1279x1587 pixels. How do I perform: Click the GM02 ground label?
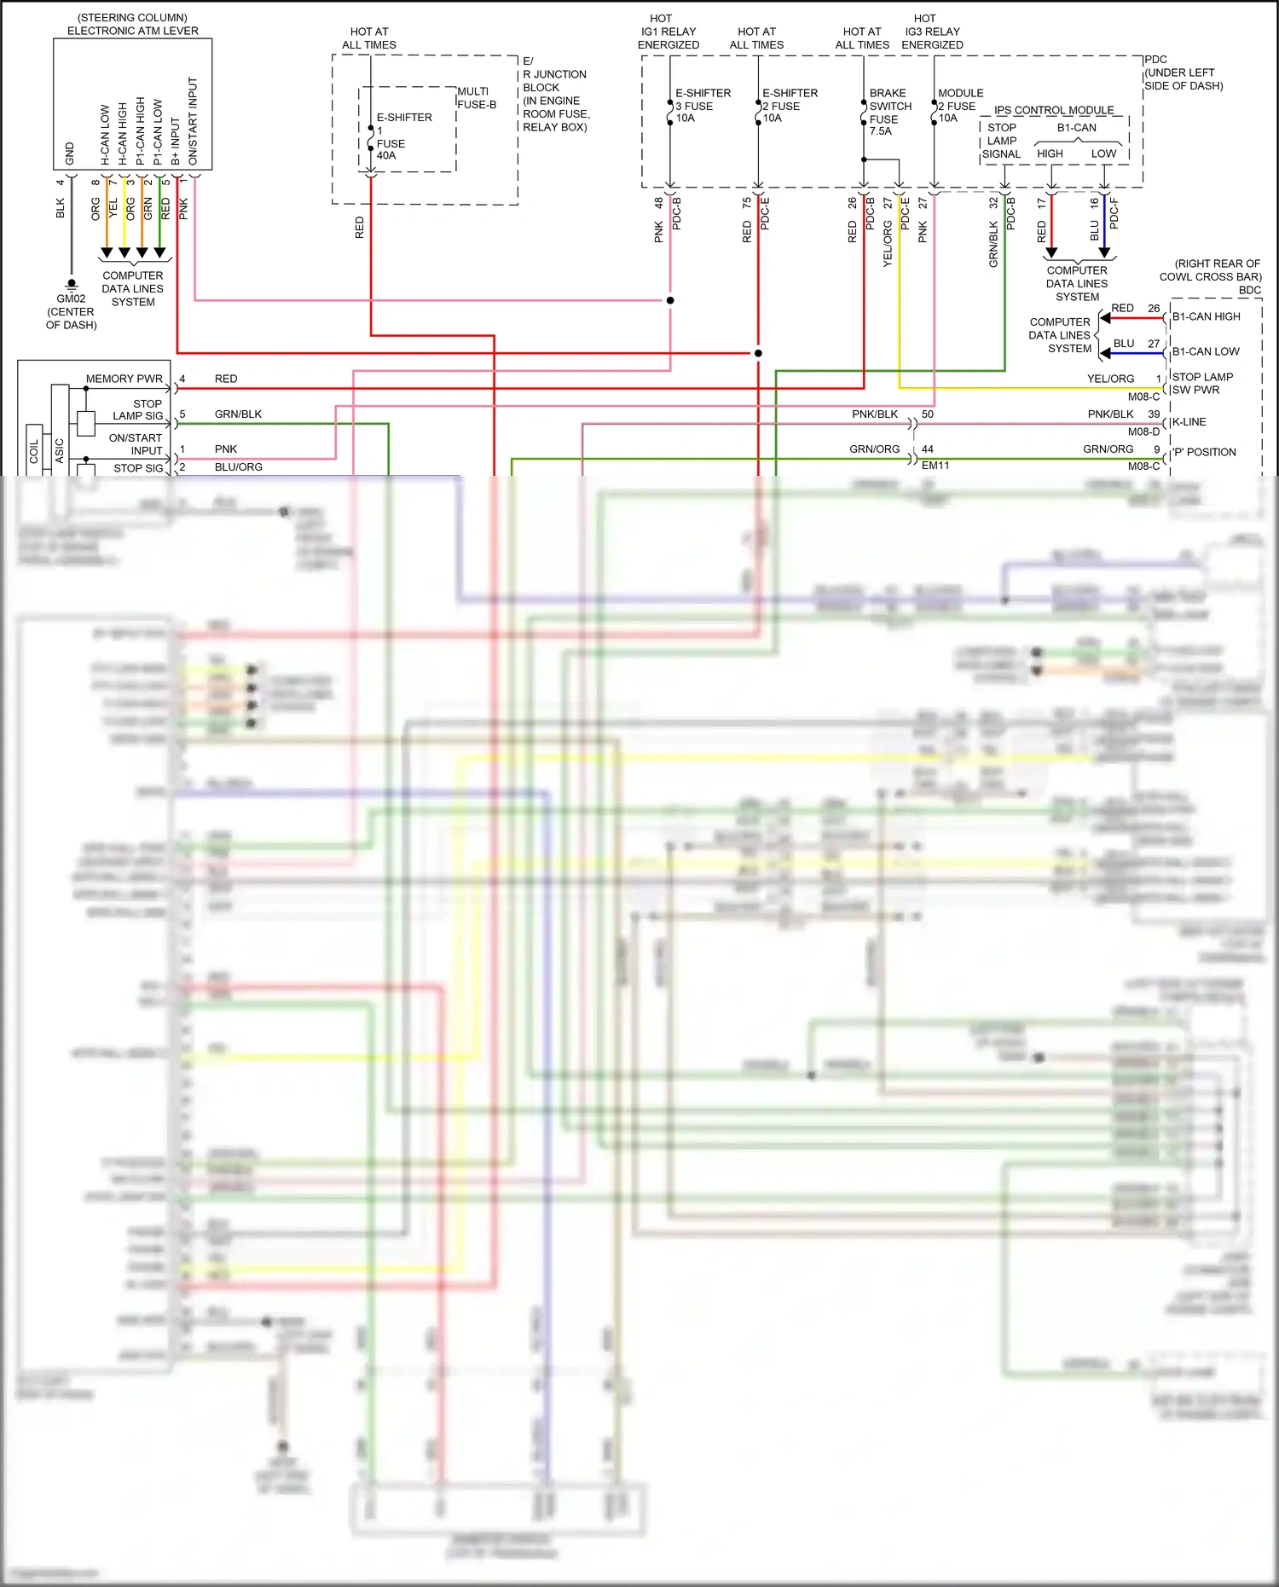coord(71,298)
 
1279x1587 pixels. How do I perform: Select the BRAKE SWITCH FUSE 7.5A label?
coord(889,112)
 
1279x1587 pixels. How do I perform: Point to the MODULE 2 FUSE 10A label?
coord(959,105)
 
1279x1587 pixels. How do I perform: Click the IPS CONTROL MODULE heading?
coord(1054,110)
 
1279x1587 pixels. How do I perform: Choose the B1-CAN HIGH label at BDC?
coord(1206,316)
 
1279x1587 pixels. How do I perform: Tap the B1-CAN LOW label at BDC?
coord(1206,351)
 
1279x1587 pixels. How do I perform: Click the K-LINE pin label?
coord(1189,422)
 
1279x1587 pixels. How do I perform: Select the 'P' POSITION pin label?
coord(1203,452)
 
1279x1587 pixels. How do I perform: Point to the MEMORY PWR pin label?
coord(124,379)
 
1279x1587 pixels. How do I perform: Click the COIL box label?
coord(34,451)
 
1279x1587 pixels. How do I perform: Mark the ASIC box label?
coord(59,449)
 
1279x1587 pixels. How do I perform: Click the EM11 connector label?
coord(935,466)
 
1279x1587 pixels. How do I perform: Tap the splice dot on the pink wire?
coord(670,300)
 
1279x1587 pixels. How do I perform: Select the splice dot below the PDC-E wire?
coord(758,353)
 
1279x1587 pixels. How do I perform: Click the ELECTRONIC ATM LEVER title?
coord(133,31)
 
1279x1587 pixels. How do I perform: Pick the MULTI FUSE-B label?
coord(476,98)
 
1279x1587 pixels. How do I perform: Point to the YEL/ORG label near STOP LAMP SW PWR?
coord(1110,379)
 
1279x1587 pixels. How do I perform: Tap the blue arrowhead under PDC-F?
coord(1104,252)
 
